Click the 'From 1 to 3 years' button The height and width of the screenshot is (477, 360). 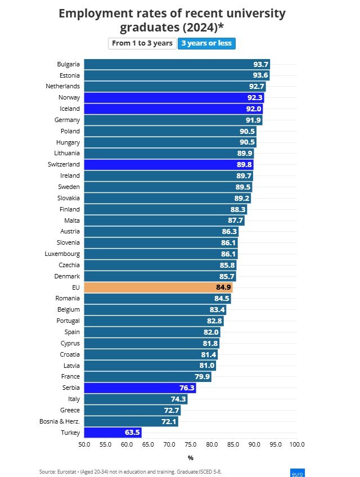click(x=142, y=43)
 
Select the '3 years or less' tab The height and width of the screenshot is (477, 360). click(x=206, y=43)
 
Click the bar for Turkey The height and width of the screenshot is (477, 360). click(x=112, y=432)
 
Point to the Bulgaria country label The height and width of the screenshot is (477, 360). click(x=68, y=64)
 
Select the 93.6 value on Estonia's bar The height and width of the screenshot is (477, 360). click(x=260, y=75)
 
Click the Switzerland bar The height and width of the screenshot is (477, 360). click(x=169, y=164)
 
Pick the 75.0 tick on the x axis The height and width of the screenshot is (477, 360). click(x=191, y=445)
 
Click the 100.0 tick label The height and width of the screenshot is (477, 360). click(x=296, y=445)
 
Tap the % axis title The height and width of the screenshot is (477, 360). click(x=191, y=458)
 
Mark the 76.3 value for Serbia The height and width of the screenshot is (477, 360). click(x=186, y=388)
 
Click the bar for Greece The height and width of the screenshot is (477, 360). click(x=132, y=410)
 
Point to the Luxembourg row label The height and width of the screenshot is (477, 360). click(x=62, y=254)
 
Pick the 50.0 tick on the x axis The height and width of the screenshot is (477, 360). click(x=84, y=445)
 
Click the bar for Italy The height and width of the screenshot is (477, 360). click(x=136, y=399)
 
